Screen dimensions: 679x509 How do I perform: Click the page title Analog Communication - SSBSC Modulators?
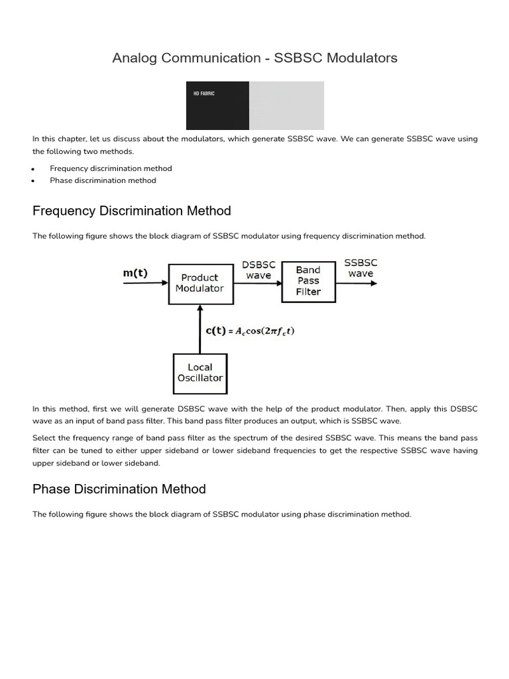(x=254, y=58)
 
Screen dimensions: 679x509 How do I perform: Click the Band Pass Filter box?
(x=308, y=281)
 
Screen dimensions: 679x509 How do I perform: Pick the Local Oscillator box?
(x=199, y=373)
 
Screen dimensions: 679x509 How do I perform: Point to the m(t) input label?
(x=137, y=273)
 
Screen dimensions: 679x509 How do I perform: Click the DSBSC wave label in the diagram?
(x=258, y=270)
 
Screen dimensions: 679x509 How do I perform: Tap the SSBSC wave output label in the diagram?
(x=361, y=269)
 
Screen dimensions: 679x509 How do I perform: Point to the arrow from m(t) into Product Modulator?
(x=146, y=284)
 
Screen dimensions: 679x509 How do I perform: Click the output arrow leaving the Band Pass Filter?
(x=357, y=284)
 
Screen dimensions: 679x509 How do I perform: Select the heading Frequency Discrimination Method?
(x=132, y=211)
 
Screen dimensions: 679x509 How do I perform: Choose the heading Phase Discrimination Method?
(x=119, y=489)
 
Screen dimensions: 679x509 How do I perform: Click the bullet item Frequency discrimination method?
(x=111, y=168)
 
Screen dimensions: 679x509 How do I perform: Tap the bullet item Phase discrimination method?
(x=103, y=180)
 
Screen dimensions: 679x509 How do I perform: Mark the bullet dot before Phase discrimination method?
(x=33, y=181)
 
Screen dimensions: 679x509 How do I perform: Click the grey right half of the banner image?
(x=286, y=105)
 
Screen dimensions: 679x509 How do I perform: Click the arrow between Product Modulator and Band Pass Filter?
(x=258, y=284)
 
